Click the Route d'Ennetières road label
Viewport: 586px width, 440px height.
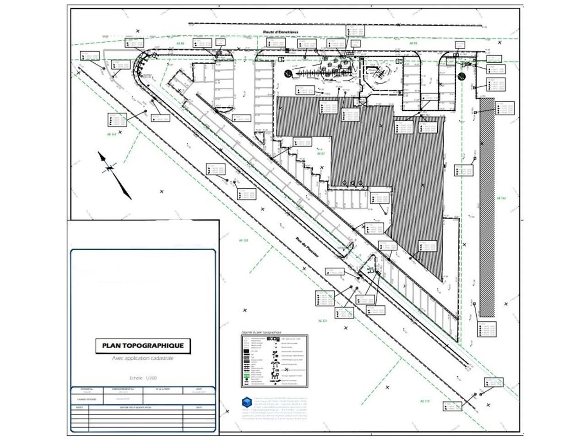click(281, 32)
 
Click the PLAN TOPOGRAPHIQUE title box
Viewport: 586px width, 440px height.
click(143, 346)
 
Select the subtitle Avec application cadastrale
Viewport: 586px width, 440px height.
click(143, 358)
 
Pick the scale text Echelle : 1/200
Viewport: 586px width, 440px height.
click(143, 378)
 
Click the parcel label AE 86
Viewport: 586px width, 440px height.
click(180, 44)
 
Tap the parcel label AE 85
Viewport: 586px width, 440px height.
click(413, 43)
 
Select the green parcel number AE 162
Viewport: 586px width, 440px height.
click(501, 198)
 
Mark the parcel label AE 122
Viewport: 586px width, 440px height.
click(243, 240)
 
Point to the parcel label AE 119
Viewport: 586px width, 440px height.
click(424, 401)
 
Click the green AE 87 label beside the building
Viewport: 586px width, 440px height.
click(321, 154)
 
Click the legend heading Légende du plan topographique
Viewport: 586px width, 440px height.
click(261, 332)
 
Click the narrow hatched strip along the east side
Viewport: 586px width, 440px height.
click(487, 206)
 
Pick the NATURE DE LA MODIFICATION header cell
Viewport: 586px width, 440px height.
click(136, 407)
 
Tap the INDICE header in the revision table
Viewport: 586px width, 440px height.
click(80, 407)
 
